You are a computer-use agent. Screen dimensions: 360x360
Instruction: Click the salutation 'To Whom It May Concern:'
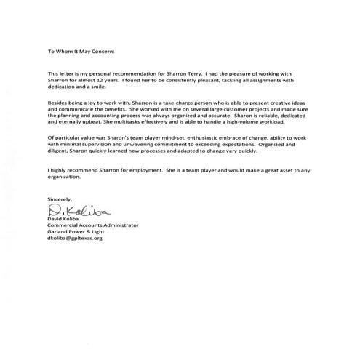click(x=80, y=52)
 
